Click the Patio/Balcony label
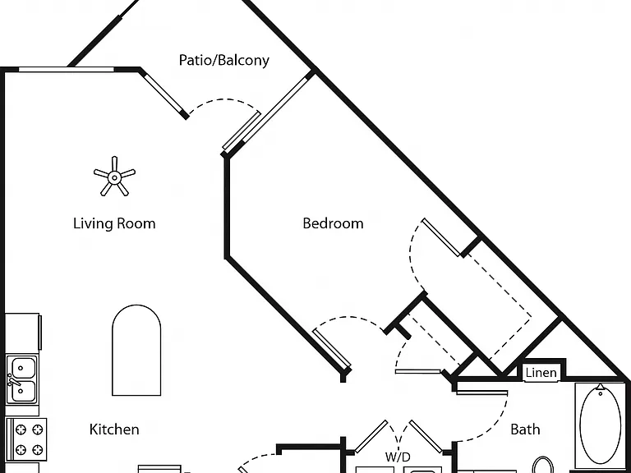(x=223, y=60)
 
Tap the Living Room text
(x=114, y=223)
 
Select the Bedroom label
(x=333, y=223)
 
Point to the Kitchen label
(x=114, y=429)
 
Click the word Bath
(x=525, y=429)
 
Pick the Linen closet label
(x=541, y=373)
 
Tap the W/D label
(x=398, y=457)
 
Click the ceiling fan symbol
(x=115, y=177)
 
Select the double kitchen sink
(x=22, y=379)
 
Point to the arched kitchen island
(x=136, y=350)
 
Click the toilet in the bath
(x=542, y=466)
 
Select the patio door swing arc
(x=223, y=99)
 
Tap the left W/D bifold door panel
(x=371, y=436)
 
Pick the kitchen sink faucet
(x=14, y=380)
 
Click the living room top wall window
(x=67, y=70)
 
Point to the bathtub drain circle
(x=600, y=393)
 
